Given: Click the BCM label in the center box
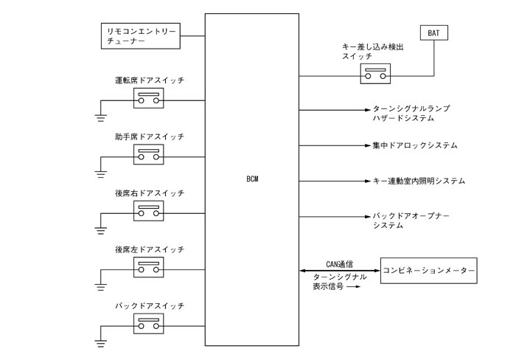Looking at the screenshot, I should tap(253, 179).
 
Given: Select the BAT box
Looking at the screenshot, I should tap(433, 32).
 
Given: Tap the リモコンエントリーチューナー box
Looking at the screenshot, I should tap(140, 35).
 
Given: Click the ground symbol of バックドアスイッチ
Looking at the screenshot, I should tap(101, 340).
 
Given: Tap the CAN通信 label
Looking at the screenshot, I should tap(339, 262).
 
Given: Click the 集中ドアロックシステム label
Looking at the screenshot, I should tap(415, 145).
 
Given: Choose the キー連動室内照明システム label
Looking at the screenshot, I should tap(419, 181).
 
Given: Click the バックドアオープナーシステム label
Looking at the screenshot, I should tap(411, 221).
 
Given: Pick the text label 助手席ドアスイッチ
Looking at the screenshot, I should tap(149, 137).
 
